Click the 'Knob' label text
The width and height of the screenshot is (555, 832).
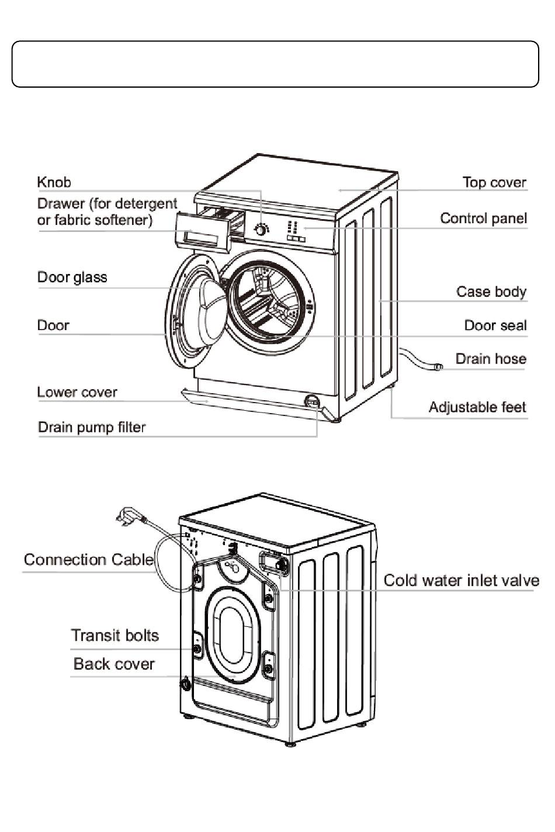(54, 182)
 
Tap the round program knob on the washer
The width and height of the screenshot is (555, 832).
(262, 230)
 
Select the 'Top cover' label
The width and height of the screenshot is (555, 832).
(494, 183)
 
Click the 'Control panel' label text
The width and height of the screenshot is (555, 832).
(483, 219)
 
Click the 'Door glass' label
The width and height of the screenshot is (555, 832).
(72, 278)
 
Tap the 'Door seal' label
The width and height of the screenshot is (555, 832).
(495, 325)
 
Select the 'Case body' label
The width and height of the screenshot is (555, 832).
(491, 292)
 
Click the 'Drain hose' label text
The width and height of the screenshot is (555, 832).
(490, 359)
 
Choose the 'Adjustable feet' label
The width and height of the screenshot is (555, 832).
(477, 407)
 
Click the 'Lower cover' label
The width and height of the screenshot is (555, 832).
(77, 393)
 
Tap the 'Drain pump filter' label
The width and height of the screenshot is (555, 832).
(91, 428)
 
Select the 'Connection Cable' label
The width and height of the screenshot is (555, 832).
(88, 560)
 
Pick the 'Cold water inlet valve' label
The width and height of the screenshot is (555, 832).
(461, 581)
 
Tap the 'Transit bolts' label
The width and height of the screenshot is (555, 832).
(115, 636)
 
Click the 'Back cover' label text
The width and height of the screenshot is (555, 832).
(113, 664)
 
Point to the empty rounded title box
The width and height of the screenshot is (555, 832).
(275, 64)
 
